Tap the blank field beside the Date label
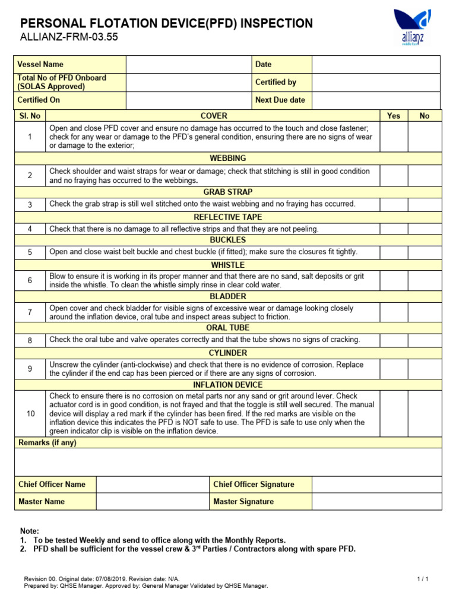[x=376, y=64]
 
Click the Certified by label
[x=275, y=83]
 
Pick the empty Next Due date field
[x=376, y=100]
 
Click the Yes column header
[x=394, y=116]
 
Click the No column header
[x=425, y=116]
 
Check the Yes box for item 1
[x=394, y=137]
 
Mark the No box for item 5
[x=425, y=252]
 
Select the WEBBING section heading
[x=228, y=159]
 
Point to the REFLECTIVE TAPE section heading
[x=228, y=217]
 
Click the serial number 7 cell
[x=30, y=312]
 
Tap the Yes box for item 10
[x=394, y=413]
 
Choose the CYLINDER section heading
[x=228, y=353]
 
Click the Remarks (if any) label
[x=47, y=443]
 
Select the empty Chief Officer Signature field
[x=376, y=484]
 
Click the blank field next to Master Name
[x=152, y=502]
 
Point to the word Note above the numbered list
[x=29, y=531]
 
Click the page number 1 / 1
[x=423, y=578]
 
